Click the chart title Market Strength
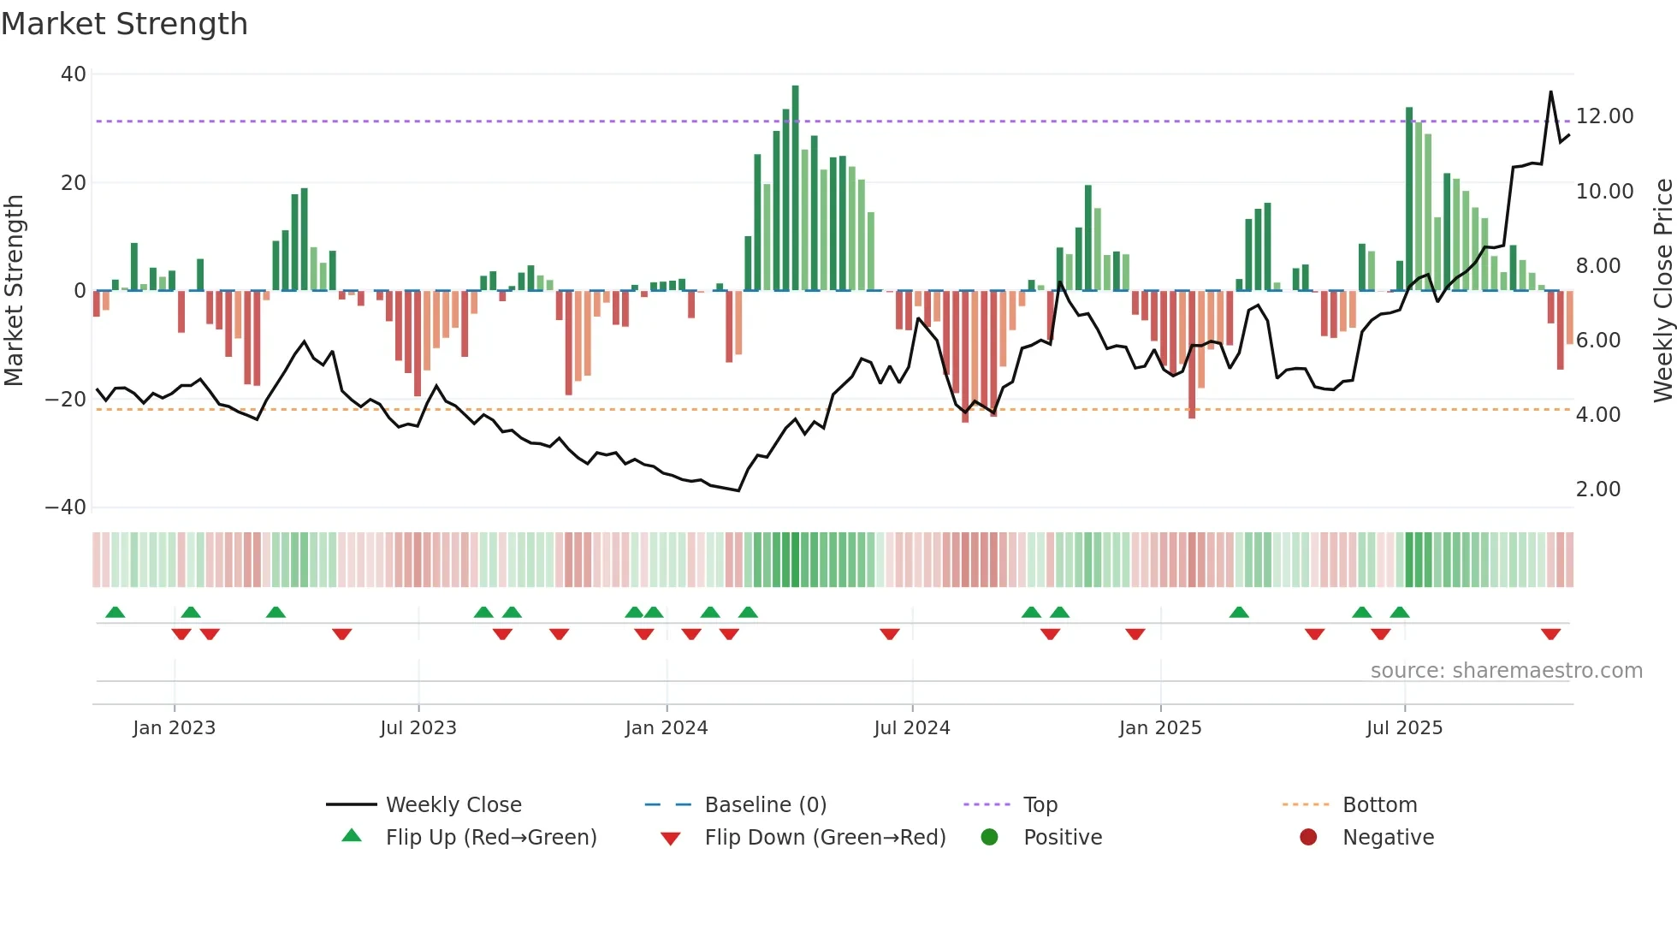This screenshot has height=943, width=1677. [x=124, y=24]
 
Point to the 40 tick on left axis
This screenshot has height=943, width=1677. [x=74, y=74]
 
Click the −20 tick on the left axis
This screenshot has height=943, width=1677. [x=66, y=399]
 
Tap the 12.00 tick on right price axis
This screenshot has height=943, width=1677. [x=1604, y=116]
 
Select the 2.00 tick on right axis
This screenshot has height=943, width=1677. [x=1597, y=489]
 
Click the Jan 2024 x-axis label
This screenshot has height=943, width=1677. [x=667, y=728]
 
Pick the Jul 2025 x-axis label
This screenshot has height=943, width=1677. [x=1404, y=728]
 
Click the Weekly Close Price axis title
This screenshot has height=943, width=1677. [x=1662, y=291]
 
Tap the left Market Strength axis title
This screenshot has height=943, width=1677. [x=15, y=291]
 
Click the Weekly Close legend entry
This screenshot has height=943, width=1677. [x=453, y=805]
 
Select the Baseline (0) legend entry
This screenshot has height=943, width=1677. [x=765, y=805]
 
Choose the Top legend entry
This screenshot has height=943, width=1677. [x=1040, y=805]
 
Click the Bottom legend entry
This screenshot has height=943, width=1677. [x=1379, y=805]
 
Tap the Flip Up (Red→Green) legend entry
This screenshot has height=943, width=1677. [x=490, y=838]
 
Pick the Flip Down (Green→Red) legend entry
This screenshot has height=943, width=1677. [x=825, y=838]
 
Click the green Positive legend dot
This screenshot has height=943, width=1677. [x=990, y=838]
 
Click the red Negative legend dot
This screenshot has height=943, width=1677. [x=1308, y=838]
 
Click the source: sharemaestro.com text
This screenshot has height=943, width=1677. [x=1506, y=671]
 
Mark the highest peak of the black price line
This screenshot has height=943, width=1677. [x=1550, y=92]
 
